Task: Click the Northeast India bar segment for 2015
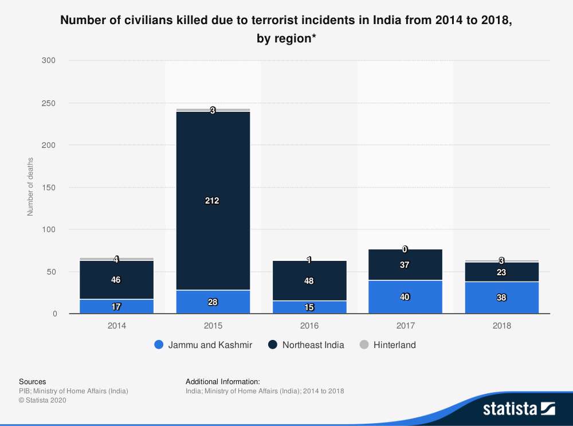click(213, 172)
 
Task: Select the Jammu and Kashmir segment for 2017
click(405, 297)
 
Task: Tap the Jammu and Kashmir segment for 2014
click(116, 307)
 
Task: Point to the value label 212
click(213, 201)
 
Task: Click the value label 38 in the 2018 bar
click(501, 298)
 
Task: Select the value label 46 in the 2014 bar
click(116, 280)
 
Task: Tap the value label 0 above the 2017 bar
click(405, 249)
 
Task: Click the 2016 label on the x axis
click(309, 325)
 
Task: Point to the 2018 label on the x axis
click(501, 325)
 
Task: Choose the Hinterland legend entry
click(394, 345)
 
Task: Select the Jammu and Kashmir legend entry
click(210, 345)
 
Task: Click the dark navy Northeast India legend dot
click(273, 345)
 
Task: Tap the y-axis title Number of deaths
click(30, 187)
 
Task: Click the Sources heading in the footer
click(33, 381)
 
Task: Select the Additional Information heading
click(223, 381)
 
